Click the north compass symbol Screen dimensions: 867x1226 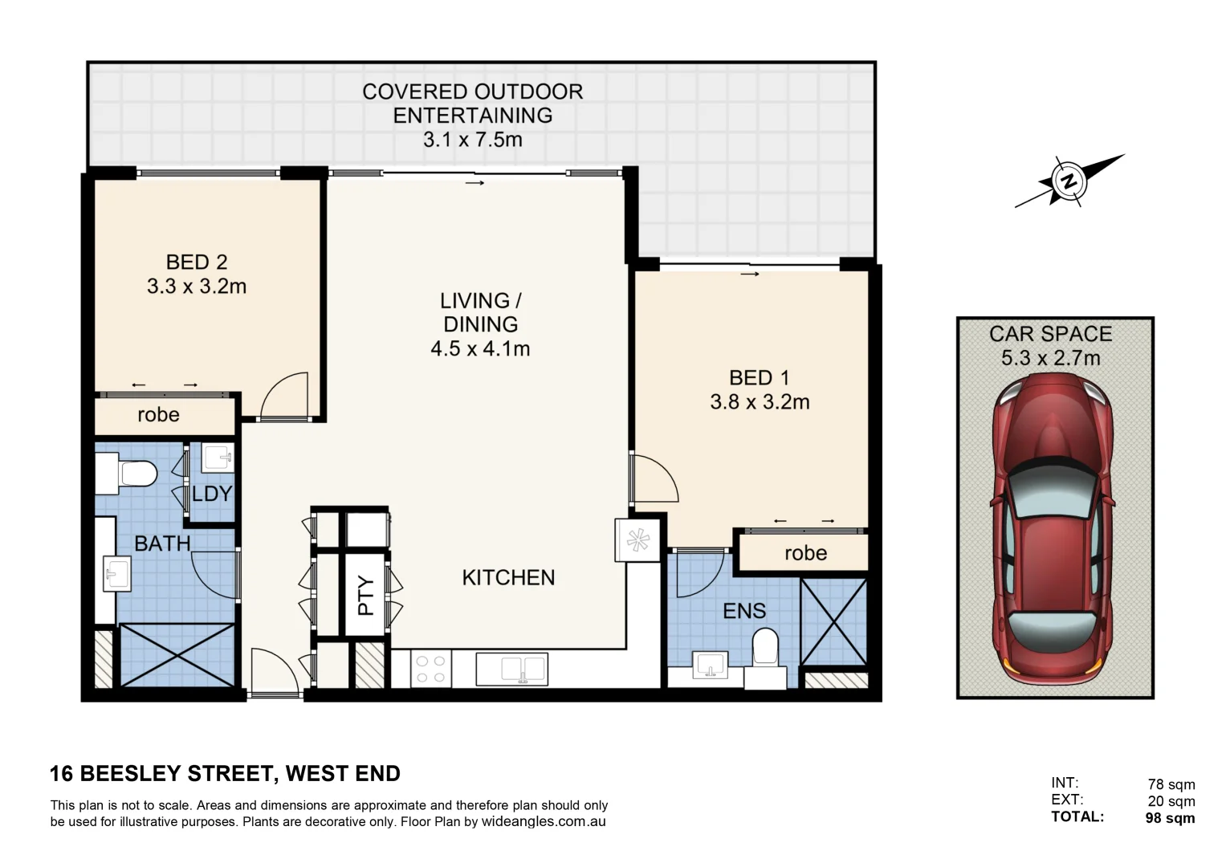click(x=1069, y=181)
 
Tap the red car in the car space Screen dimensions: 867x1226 click(x=1053, y=531)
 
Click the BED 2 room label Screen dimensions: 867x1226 click(x=197, y=263)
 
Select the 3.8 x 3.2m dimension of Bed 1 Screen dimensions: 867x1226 click(x=760, y=401)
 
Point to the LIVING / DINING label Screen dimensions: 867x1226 click(x=480, y=312)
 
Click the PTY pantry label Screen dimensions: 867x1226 click(x=366, y=596)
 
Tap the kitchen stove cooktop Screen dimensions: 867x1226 click(x=430, y=669)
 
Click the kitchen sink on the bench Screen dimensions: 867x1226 click(x=511, y=669)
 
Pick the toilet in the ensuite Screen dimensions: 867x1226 click(x=765, y=649)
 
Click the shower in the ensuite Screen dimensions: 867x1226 click(x=834, y=622)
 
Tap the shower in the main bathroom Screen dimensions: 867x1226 click(x=177, y=654)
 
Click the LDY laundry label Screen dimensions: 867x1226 click(x=212, y=494)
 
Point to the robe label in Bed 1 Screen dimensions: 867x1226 click(x=805, y=553)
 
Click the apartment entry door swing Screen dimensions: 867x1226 click(x=273, y=673)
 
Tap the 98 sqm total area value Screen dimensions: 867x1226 click(x=1170, y=818)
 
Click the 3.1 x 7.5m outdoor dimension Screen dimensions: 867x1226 click(x=472, y=140)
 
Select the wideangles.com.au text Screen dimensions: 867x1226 click(x=543, y=821)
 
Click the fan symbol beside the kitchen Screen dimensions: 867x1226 click(x=638, y=540)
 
